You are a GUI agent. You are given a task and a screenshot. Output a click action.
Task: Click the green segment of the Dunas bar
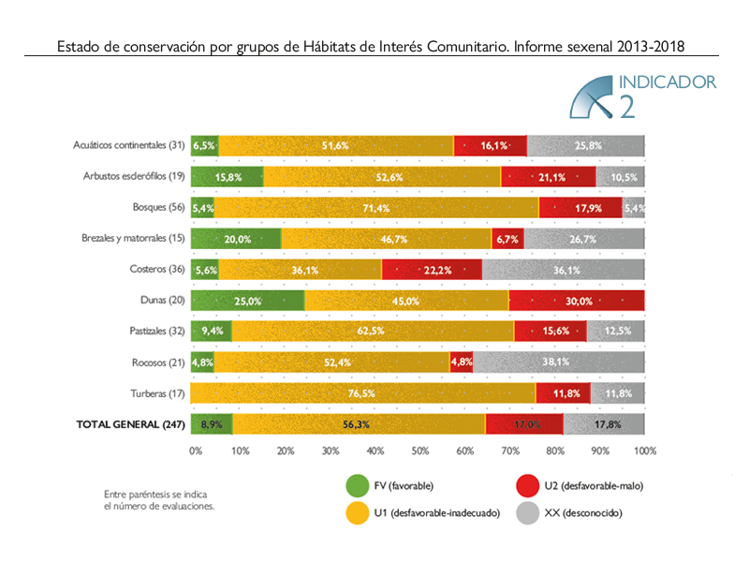tap(247, 301)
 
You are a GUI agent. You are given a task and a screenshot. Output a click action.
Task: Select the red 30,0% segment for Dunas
tap(577, 301)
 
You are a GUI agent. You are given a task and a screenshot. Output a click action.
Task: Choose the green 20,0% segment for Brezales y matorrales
tap(236, 239)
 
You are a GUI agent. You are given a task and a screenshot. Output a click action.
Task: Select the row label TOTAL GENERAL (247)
tap(130, 424)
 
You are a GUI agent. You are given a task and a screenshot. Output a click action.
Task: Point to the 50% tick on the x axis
tap(420, 451)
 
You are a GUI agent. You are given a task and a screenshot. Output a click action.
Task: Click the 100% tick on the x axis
tap(645, 451)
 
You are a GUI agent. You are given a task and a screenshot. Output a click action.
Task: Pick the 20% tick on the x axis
tap(285, 451)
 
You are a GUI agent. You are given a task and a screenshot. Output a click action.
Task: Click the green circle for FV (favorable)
tap(357, 485)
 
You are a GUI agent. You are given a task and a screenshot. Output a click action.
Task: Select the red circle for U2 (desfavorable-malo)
tap(529, 485)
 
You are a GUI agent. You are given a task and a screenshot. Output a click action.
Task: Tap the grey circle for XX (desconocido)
tap(529, 512)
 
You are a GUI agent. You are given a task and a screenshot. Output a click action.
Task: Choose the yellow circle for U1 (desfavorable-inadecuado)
tap(357, 512)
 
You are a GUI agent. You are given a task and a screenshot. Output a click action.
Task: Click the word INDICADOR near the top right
tap(668, 82)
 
